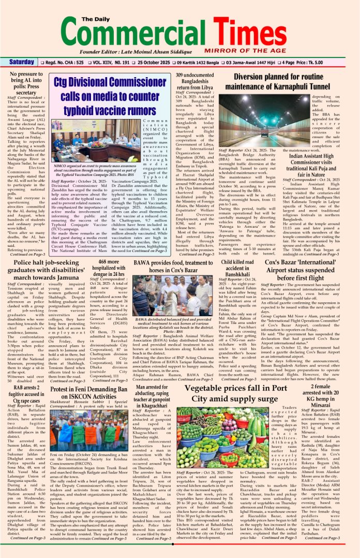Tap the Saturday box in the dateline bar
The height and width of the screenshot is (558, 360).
click(22, 63)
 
